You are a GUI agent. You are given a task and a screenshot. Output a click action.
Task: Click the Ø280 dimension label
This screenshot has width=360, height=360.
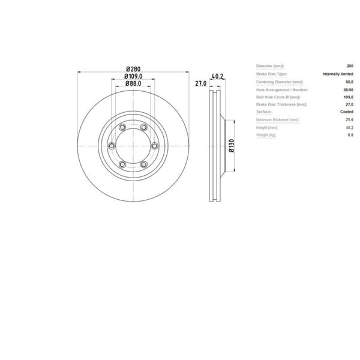pos(133,68)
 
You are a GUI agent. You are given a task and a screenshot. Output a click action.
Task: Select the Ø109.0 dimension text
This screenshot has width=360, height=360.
pos(133,76)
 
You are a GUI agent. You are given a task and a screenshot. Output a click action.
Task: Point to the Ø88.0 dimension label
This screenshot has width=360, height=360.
pos(133,84)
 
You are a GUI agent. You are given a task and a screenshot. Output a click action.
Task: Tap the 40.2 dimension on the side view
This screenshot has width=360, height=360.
pos(218,76)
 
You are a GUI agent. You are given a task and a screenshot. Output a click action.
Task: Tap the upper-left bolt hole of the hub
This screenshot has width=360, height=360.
pos(122,127)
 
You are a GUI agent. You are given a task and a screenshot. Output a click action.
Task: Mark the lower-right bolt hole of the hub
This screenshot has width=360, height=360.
pos(143,164)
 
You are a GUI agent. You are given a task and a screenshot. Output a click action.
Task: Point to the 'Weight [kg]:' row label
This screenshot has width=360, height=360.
pos(268,136)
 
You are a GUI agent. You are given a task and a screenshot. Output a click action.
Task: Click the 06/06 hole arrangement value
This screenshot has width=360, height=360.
pos(348,89)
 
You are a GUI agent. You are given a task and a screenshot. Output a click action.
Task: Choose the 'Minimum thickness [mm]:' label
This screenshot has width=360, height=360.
pos(277,120)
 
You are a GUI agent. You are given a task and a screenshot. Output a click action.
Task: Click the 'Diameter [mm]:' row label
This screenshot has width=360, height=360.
pos(270,66)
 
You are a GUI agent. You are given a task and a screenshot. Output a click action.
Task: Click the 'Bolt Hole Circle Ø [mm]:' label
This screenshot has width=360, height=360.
pos(278,97)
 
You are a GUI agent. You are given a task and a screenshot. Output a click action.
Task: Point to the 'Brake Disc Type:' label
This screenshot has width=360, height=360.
pos(271,74)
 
